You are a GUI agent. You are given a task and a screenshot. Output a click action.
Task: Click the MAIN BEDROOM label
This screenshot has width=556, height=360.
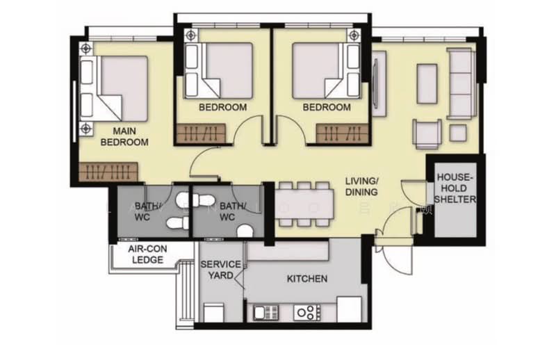[x=125, y=136]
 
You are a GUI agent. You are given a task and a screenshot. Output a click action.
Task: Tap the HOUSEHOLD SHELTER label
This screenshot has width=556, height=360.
[x=456, y=188]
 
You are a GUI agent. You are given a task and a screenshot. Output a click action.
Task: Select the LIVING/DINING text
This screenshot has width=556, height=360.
[x=361, y=187]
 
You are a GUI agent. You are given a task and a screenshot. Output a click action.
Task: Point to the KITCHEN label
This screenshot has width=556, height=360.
[x=307, y=279]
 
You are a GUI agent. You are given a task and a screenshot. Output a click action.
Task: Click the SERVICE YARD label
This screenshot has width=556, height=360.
[x=220, y=270]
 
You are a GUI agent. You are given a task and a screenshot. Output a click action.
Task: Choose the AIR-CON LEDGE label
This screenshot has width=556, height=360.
[x=146, y=254]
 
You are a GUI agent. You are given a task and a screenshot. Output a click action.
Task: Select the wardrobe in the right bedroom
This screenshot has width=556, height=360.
[x=340, y=133]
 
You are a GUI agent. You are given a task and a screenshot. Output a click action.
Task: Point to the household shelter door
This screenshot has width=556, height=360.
[x=414, y=192]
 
